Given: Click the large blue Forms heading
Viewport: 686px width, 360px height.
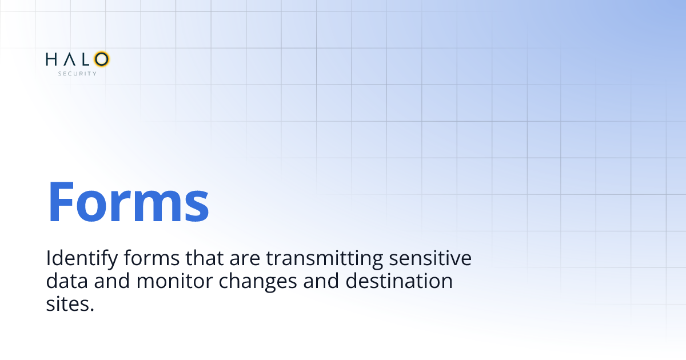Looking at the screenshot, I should [x=128, y=202].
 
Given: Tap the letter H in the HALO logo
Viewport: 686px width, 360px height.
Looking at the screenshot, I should [x=51, y=59].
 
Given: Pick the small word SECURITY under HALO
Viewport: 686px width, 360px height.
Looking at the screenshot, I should [x=77, y=74].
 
